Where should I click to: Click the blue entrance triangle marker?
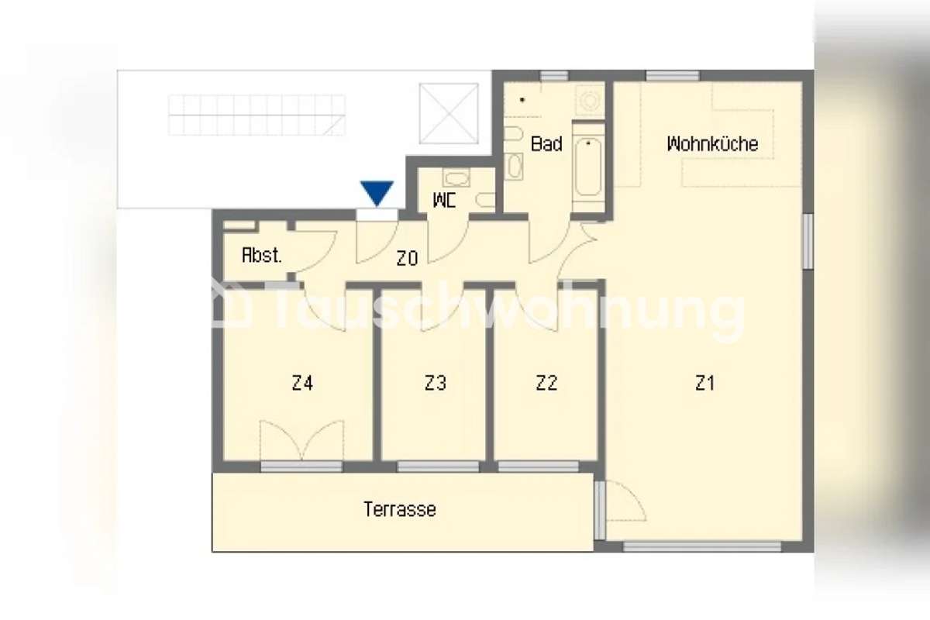[377, 192]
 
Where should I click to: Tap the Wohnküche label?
[712, 144]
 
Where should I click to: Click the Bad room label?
[546, 144]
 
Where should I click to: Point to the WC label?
[444, 201]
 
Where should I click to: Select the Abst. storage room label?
[262, 256]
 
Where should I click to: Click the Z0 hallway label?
[407, 259]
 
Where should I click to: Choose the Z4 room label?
[302, 383]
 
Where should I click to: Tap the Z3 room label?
[436, 383]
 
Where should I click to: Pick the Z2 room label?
[546, 383]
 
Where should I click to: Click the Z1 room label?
[704, 383]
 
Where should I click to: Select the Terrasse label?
[400, 509]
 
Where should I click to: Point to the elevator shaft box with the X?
[449, 113]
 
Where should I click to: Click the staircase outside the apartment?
[257, 115]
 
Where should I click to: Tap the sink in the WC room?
[456, 177]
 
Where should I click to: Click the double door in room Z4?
[301, 439]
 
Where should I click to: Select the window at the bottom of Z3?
[438, 467]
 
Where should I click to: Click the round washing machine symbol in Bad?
[589, 100]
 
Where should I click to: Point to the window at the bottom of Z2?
[539, 467]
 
